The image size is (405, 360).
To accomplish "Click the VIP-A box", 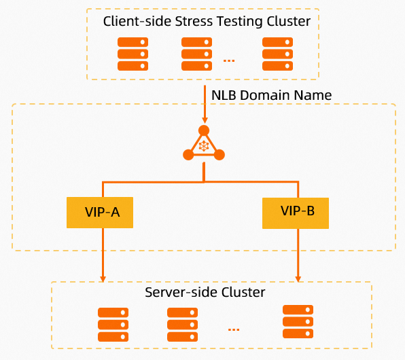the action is point(100,213).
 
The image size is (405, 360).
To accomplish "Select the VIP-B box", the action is point(296,213).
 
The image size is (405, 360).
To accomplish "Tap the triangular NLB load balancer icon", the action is point(204,143).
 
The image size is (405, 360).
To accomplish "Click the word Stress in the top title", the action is point(194,21).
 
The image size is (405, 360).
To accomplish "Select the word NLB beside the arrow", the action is point(224,95).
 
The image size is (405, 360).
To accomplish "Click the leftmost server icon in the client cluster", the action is point(133,54).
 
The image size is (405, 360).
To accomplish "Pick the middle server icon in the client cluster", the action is point(196,54).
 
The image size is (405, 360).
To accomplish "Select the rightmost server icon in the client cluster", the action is point(277,54).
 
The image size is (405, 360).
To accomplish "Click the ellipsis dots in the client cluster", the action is point(229,60).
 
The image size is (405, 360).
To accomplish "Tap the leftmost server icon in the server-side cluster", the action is point(113,325).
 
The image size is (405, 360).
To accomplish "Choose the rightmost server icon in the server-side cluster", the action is point(298,321).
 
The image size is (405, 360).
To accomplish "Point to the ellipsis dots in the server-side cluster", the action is point(234,329).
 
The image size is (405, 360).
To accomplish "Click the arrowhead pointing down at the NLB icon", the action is point(205,120).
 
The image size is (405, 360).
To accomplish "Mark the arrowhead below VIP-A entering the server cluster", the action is point(103,279).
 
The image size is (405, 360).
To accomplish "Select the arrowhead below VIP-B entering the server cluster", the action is point(298,279).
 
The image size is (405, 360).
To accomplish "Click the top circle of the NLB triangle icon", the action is point(204,130).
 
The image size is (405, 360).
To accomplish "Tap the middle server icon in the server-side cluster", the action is point(182,325).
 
